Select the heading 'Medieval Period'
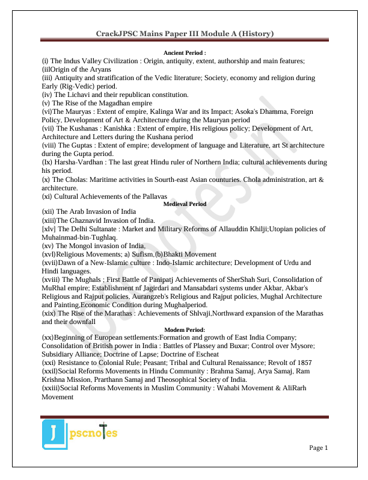185,204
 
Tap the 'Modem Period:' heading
185,329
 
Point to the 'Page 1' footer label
318,447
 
